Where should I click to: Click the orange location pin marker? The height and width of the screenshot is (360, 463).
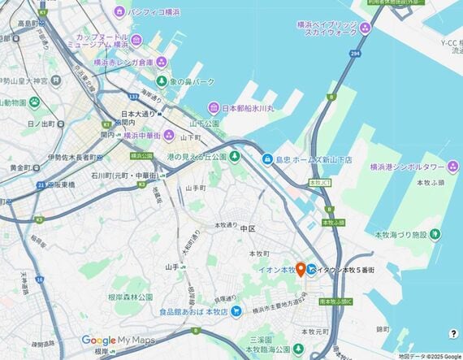pos(300,269)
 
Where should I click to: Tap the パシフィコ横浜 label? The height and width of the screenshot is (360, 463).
pos(152,11)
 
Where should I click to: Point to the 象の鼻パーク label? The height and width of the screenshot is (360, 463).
pos(186,82)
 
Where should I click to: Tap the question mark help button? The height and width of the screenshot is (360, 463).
pos(453,333)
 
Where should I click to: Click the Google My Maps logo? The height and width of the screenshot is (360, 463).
pos(118,340)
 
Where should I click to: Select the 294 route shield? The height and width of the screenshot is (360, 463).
pos(355,54)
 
